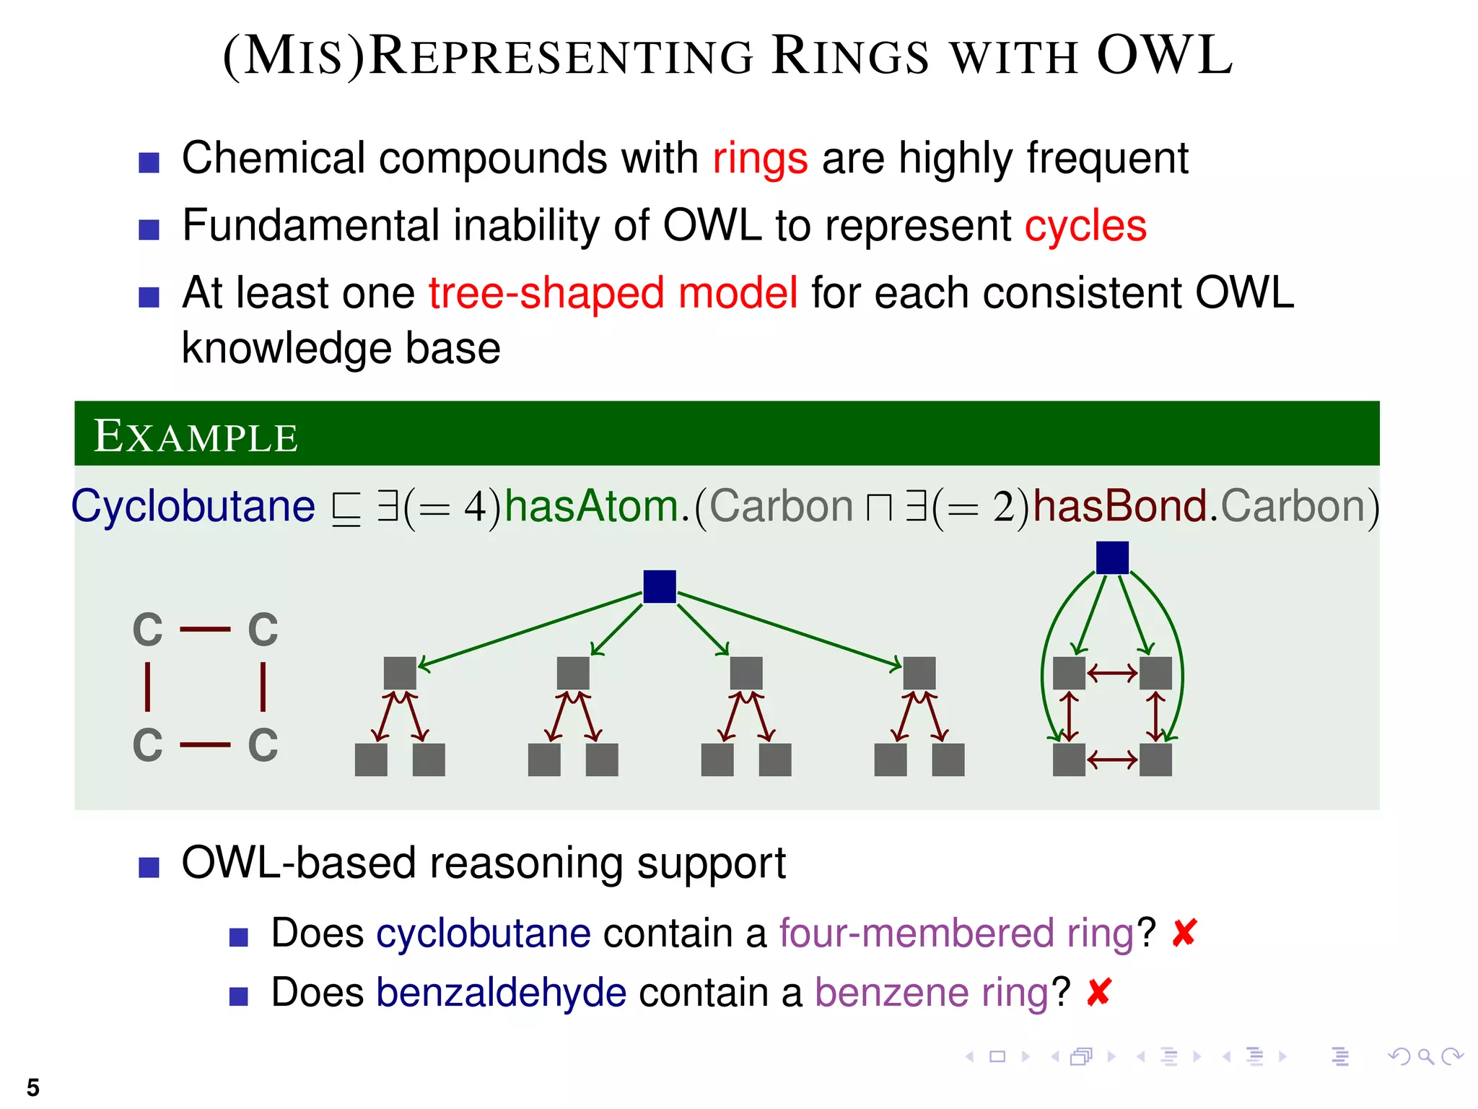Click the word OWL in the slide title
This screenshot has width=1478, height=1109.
tap(1164, 56)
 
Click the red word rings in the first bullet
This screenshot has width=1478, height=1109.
tap(760, 159)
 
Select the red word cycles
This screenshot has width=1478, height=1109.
tap(1085, 226)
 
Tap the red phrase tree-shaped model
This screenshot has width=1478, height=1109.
tap(613, 293)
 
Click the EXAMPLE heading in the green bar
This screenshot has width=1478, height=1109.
tap(196, 436)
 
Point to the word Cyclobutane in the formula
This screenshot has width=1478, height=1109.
tap(193, 506)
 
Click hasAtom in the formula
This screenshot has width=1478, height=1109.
tap(591, 506)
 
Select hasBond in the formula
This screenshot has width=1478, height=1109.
tap(1119, 506)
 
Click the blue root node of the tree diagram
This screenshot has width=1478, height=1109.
tap(660, 586)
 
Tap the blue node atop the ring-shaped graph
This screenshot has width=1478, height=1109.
tap(1112, 557)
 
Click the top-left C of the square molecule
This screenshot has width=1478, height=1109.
tap(148, 630)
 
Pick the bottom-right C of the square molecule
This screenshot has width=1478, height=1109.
tap(263, 745)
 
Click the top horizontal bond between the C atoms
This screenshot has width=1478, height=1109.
tap(205, 630)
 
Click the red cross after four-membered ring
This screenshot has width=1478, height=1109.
tap(1184, 933)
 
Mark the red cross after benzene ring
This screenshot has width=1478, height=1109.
tap(1098, 993)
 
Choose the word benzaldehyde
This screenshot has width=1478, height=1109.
tap(501, 993)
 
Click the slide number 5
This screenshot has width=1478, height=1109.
tap(33, 1087)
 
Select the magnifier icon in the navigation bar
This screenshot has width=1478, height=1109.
tap(1425, 1057)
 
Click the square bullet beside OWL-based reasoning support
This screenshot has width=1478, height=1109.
tap(149, 866)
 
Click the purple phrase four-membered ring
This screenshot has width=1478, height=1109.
tap(957, 933)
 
